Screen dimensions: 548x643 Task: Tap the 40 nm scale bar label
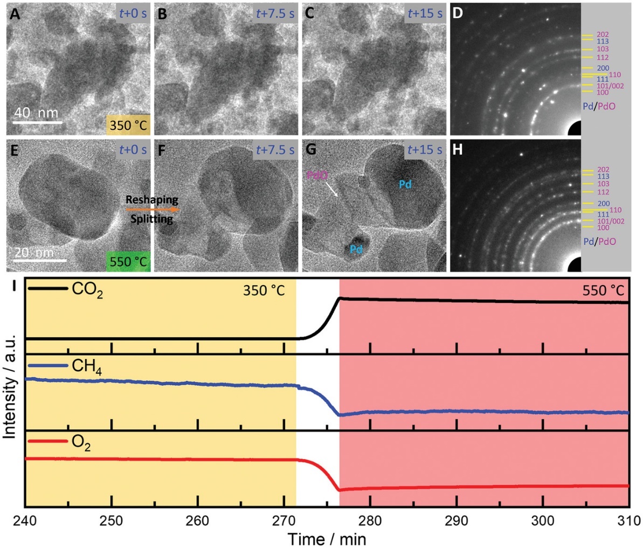(x=35, y=113)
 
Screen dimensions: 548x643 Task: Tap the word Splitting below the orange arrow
(x=152, y=219)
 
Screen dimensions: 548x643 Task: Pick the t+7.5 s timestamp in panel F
(x=275, y=149)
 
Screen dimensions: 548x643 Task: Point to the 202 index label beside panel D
(x=603, y=34)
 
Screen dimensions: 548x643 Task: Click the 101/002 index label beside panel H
(x=610, y=221)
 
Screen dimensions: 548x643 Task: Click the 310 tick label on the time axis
(x=628, y=522)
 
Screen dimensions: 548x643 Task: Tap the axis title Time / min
(x=327, y=539)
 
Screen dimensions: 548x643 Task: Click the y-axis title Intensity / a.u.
(x=9, y=392)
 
